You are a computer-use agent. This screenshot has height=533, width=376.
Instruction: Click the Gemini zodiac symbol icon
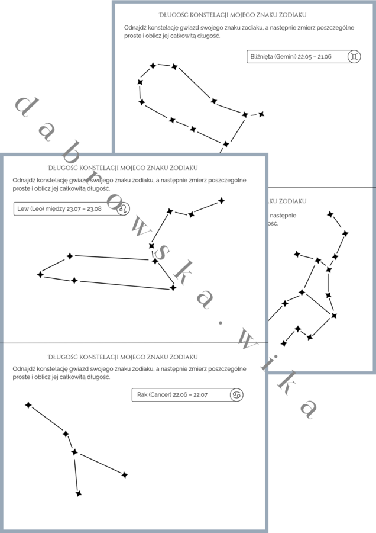pos(354,57)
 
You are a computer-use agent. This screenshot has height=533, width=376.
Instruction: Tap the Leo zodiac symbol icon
pos(124,208)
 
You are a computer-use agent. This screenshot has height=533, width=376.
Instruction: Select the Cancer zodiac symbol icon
pos(236,394)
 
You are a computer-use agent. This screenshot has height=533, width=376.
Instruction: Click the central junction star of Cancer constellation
pos(74,452)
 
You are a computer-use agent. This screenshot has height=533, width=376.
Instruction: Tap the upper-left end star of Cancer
pos(28,405)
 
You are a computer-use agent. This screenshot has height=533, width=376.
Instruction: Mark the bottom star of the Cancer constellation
pos(78,493)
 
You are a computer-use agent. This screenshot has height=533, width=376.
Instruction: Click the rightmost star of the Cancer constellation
pos(124,474)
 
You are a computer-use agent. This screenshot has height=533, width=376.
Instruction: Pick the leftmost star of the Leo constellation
pos(40,274)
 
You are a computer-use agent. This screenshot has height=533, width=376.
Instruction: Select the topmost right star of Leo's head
pos(222,201)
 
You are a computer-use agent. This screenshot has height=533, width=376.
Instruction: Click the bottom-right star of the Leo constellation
pos(173,288)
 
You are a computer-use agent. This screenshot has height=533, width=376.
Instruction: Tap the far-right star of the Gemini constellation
pos(261,114)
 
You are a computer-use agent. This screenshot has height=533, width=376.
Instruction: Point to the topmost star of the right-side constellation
pos(330,214)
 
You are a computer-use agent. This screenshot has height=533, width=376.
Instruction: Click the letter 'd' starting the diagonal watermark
pos(25,107)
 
